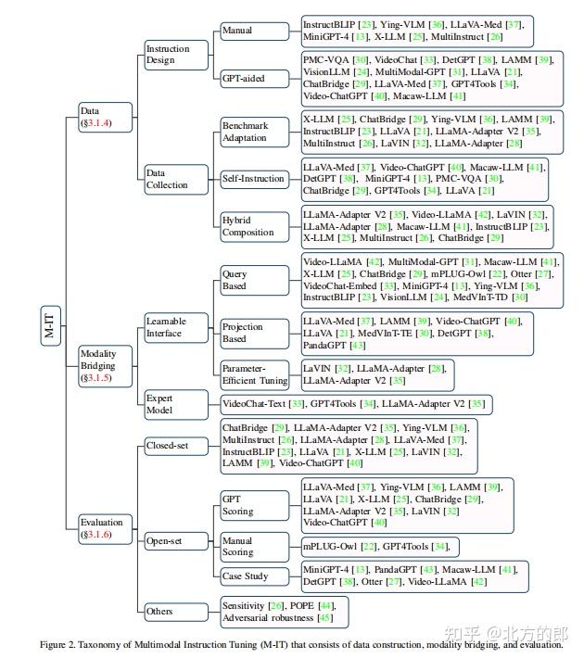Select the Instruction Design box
click(168, 54)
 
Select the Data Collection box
click(168, 179)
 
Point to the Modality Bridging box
click(102, 365)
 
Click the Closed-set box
click(167, 446)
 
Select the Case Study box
click(245, 576)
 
